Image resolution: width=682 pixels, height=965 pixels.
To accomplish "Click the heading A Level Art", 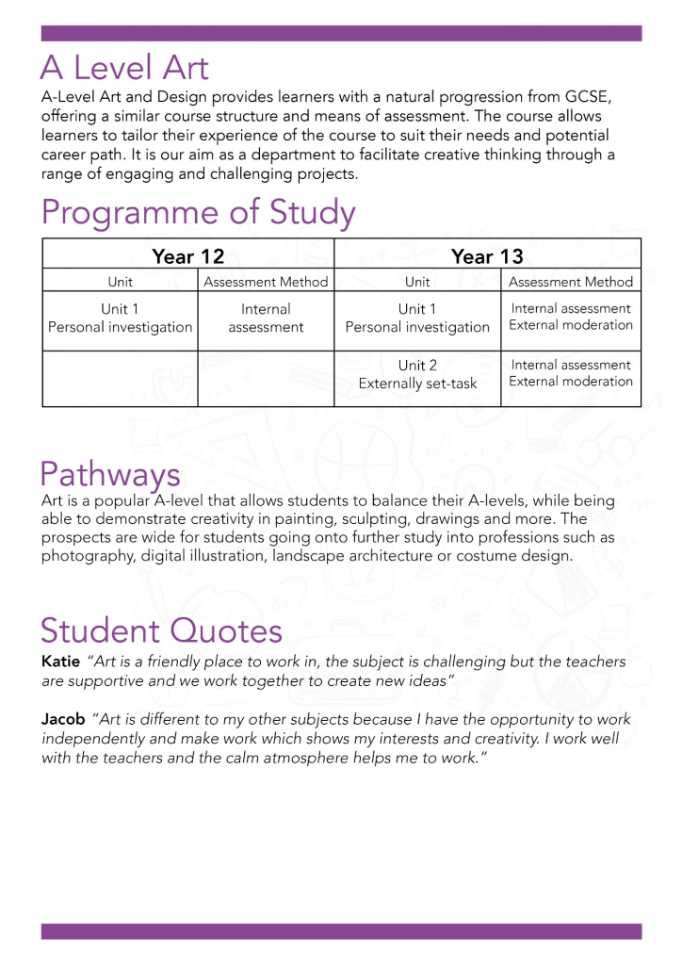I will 124,68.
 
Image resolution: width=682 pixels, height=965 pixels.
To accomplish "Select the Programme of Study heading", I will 198,213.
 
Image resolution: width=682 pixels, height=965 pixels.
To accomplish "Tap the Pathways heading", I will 110,473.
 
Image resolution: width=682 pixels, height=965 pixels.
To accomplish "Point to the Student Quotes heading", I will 161,630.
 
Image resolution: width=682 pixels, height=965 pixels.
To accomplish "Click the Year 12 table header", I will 187,256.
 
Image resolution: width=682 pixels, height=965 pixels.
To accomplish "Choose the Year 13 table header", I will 486,256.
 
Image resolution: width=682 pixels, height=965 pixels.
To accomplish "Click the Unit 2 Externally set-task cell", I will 417,374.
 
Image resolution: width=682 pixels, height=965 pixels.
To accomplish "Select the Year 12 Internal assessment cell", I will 266,318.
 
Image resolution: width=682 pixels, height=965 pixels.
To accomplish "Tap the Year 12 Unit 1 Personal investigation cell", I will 120,318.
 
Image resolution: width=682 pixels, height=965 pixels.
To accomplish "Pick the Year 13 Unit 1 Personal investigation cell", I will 417,318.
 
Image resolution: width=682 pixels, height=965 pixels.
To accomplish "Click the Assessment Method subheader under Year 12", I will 266,282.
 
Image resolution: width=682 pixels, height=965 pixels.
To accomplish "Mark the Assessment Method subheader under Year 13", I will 571,282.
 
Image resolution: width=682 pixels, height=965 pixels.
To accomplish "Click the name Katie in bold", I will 60,662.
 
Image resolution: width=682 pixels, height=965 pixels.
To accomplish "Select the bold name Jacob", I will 63,719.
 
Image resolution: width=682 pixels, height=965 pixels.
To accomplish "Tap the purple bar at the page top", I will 341,33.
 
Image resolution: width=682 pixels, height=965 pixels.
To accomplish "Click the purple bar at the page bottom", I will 341,931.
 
